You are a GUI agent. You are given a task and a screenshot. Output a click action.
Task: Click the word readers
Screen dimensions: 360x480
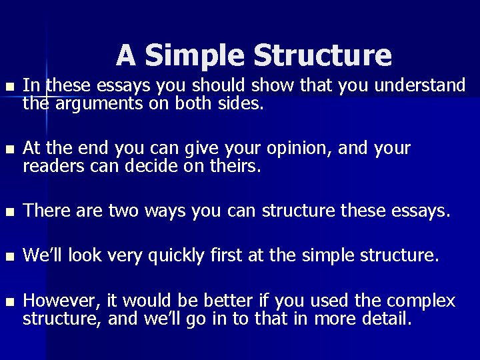pyautogui.click(x=49, y=167)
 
